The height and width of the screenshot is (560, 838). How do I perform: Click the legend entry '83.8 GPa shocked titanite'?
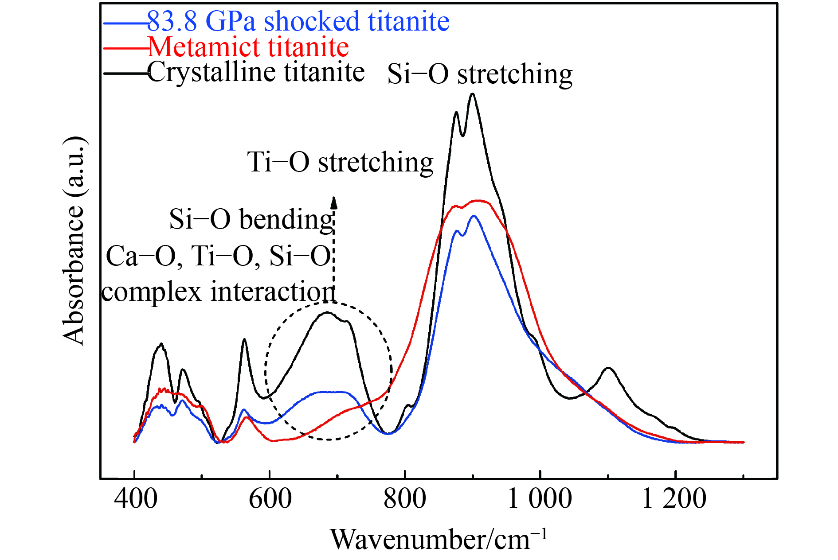(x=298, y=21)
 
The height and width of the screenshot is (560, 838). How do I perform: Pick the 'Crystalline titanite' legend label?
(x=256, y=72)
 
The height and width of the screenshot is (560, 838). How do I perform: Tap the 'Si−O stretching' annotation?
(x=480, y=74)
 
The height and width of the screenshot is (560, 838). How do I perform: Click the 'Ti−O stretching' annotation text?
(x=340, y=162)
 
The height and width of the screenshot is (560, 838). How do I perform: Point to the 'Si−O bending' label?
(x=251, y=219)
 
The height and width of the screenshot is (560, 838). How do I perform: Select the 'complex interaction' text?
(x=218, y=292)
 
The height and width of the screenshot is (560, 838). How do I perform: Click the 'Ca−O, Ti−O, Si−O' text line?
(x=218, y=256)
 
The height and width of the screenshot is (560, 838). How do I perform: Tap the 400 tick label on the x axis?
(x=135, y=498)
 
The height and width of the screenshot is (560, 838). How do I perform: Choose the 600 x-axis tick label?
(x=270, y=498)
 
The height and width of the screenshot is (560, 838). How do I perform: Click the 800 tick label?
(x=405, y=498)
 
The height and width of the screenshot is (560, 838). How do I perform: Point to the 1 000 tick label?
(x=539, y=498)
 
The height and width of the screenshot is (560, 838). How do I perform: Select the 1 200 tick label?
(x=674, y=498)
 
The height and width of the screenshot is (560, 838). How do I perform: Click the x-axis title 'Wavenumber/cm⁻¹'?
(x=439, y=539)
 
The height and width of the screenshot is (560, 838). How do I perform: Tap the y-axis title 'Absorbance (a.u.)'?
(x=74, y=240)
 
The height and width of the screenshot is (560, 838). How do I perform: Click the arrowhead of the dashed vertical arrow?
(x=334, y=202)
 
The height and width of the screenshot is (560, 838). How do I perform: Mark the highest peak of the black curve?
(x=473, y=94)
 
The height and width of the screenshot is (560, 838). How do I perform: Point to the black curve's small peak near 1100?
(x=609, y=368)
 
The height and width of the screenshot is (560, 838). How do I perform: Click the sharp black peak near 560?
(x=244, y=339)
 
